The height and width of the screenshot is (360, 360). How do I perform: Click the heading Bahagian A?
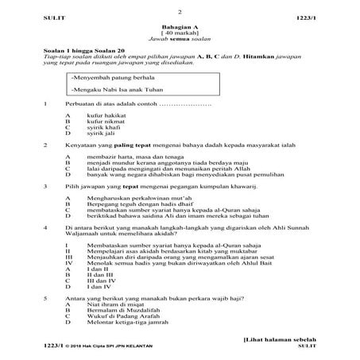click(180, 25)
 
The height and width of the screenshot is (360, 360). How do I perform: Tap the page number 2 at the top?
click(180, 12)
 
